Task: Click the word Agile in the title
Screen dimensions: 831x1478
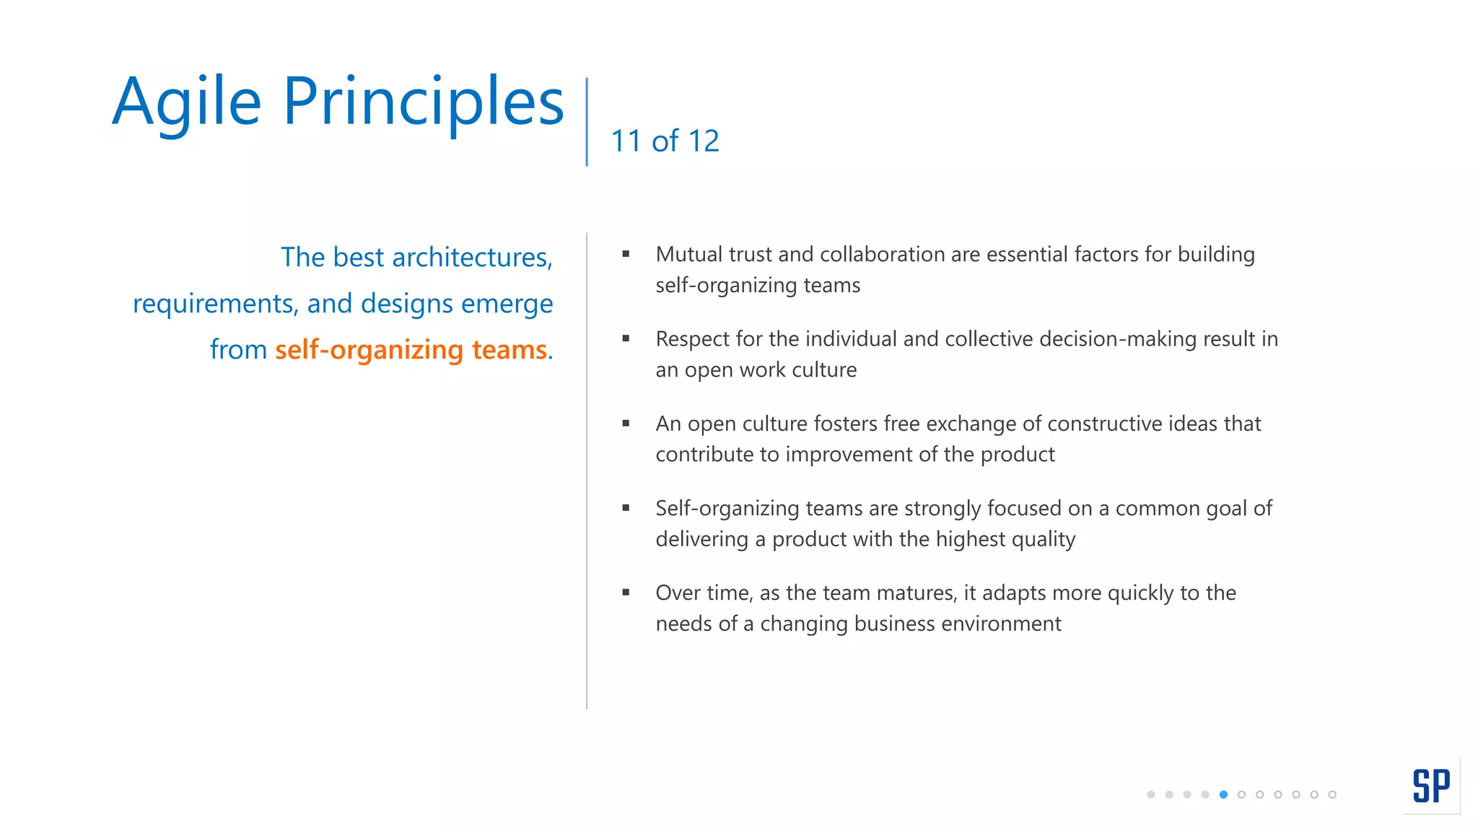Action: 186,102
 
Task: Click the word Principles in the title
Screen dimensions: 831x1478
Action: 423,102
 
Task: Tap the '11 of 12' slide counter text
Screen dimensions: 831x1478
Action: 665,141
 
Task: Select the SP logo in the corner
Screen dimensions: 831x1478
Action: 1431,786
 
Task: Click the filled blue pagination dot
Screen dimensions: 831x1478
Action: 1223,794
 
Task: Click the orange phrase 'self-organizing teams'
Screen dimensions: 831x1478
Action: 411,350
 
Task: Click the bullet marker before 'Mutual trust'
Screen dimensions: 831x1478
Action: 626,254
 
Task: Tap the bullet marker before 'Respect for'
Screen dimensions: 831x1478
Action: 626,338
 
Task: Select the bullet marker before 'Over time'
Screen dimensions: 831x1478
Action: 626,592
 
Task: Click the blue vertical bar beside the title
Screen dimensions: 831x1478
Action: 587,121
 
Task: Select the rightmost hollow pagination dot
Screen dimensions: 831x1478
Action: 1332,794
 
